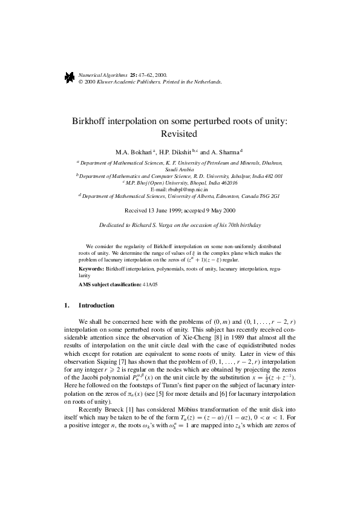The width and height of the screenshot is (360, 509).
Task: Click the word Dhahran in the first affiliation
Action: tap(269, 163)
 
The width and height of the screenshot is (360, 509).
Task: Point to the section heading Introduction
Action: tap(96, 305)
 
